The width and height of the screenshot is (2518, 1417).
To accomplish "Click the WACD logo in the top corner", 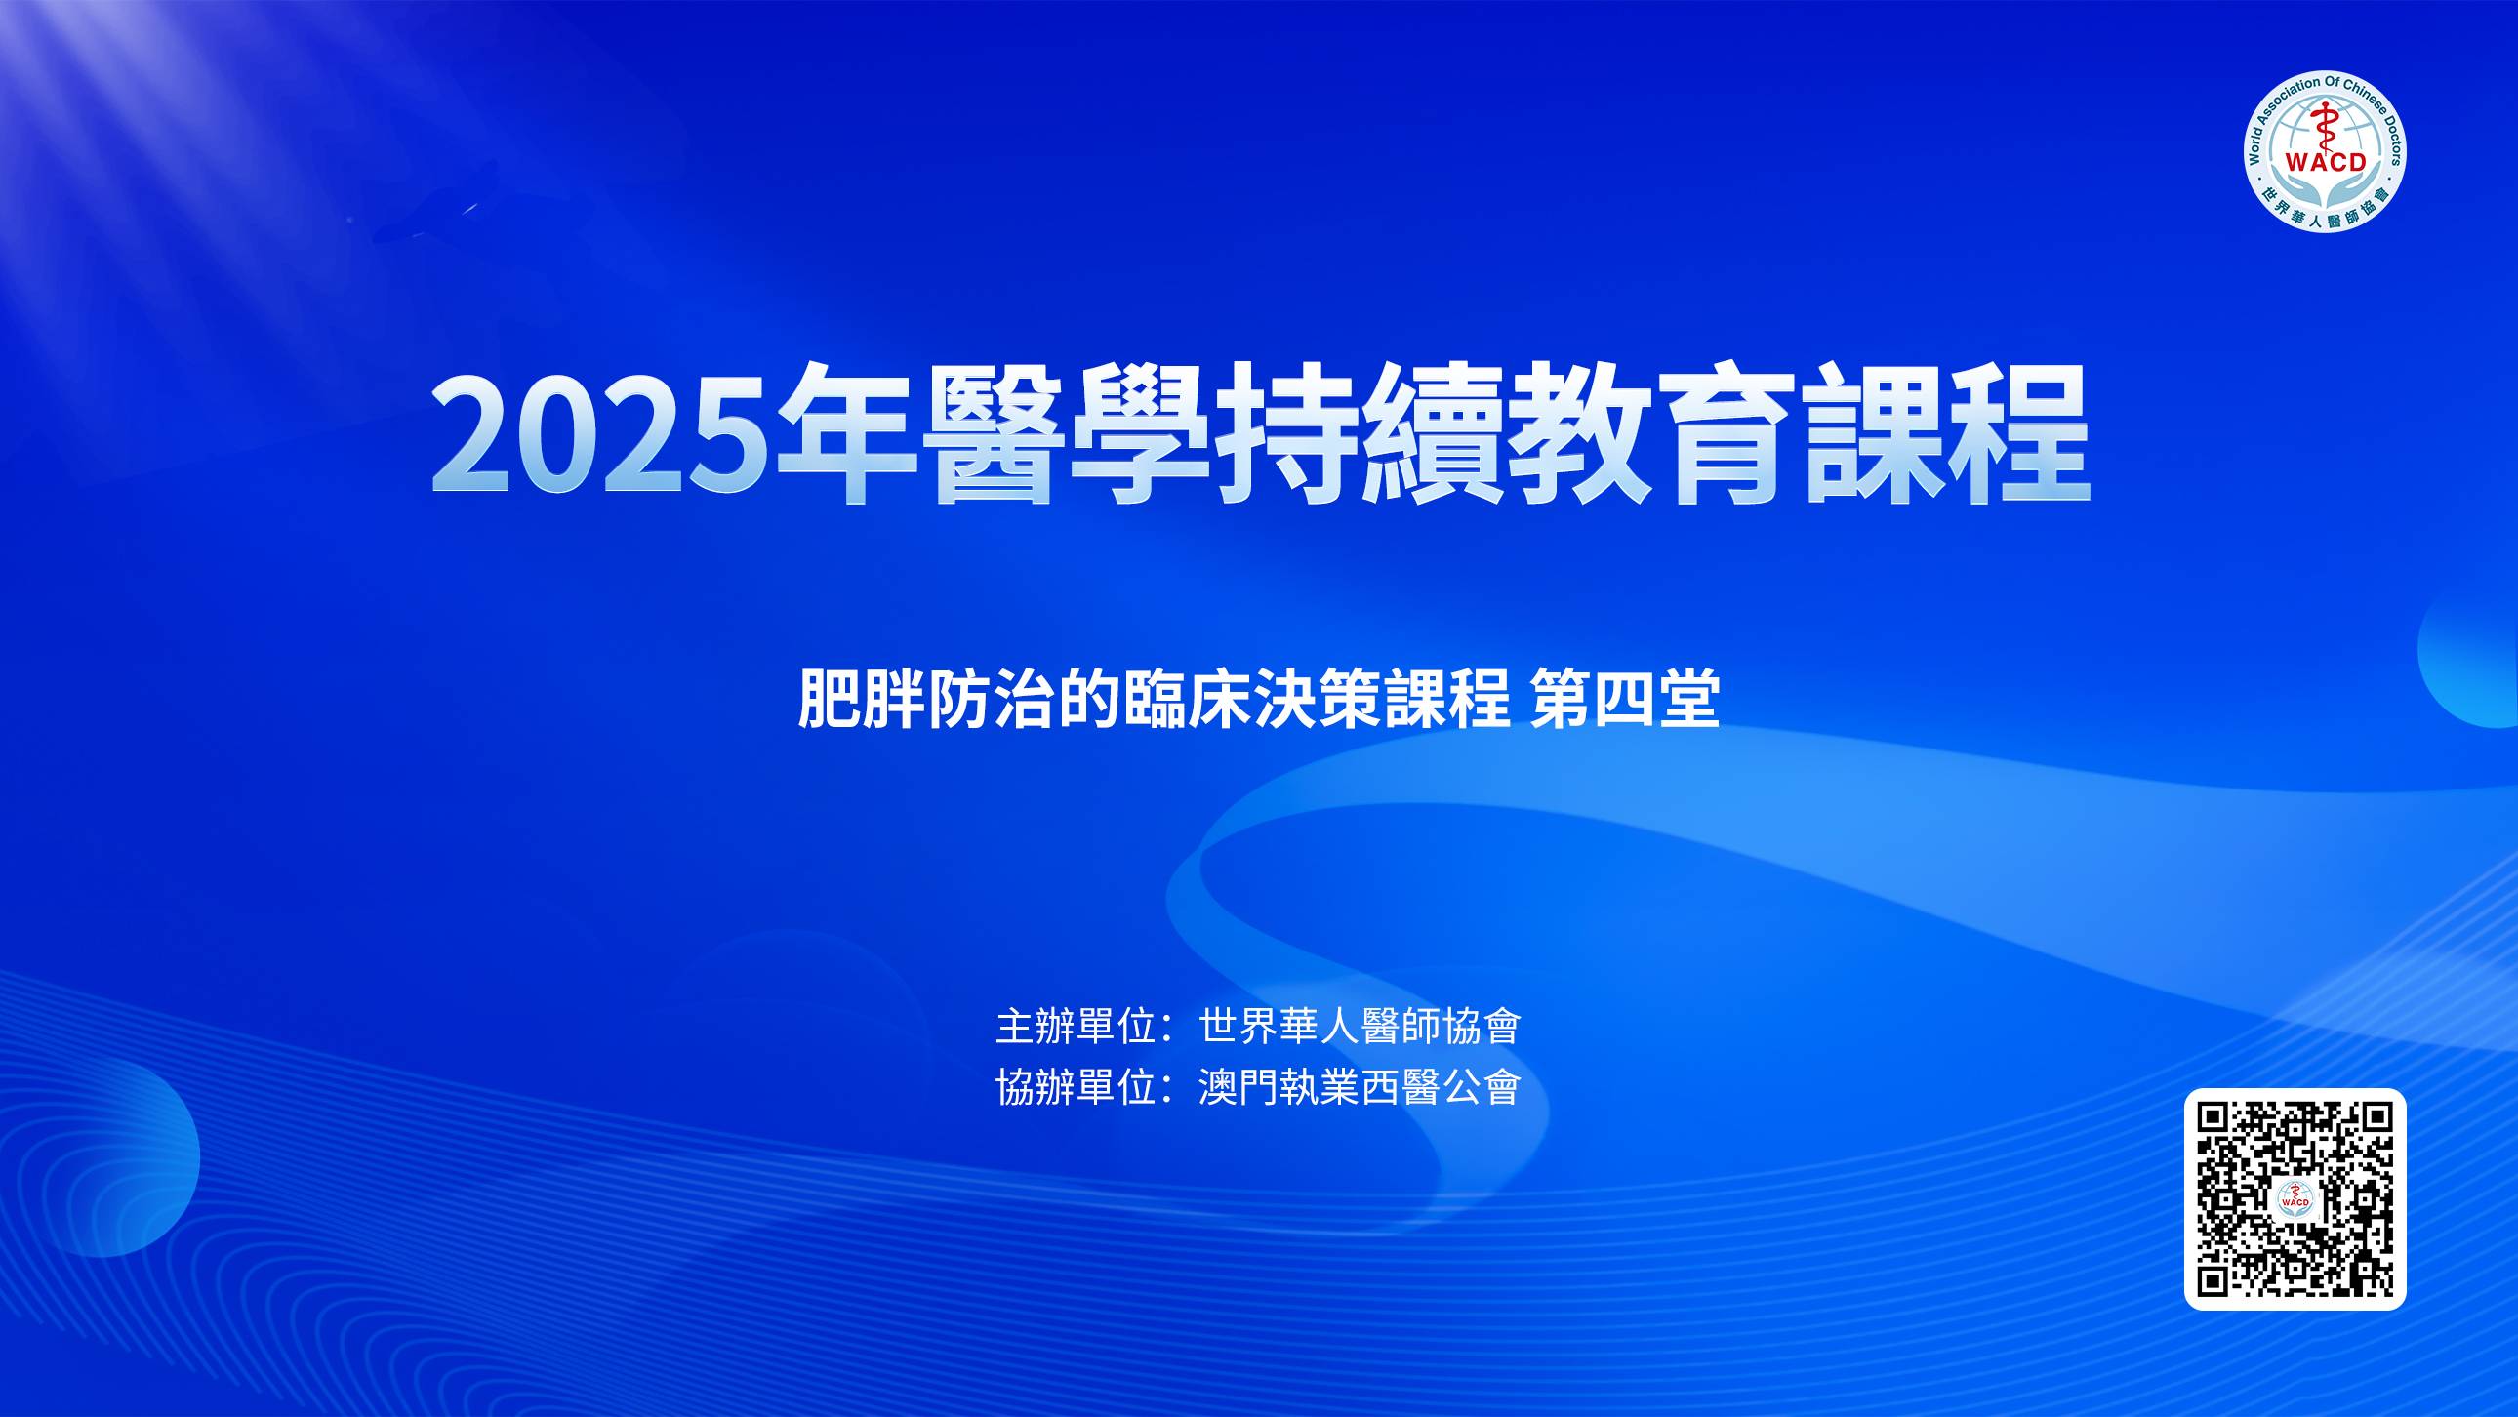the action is point(2326,151).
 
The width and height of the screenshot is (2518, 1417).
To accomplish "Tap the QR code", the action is point(2295,1199).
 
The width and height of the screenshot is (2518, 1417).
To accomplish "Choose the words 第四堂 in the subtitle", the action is point(1626,699).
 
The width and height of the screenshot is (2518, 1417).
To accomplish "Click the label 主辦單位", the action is point(1076,1025).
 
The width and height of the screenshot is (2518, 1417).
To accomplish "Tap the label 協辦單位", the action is point(1076,1087).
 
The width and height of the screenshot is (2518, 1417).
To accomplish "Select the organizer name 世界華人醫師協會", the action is point(1360,1025).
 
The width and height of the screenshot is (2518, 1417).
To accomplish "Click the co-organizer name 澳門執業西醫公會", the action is point(1360,1087).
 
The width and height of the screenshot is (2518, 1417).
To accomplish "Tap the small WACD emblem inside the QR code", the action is point(2295,1199).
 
